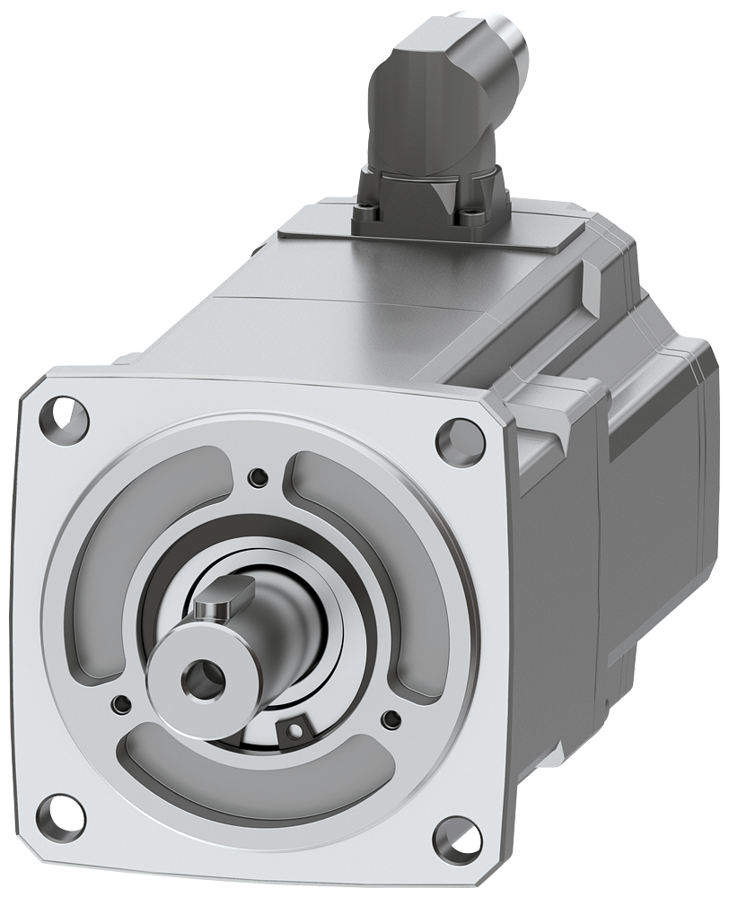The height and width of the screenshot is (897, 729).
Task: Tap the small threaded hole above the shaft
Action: (x=259, y=475)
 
